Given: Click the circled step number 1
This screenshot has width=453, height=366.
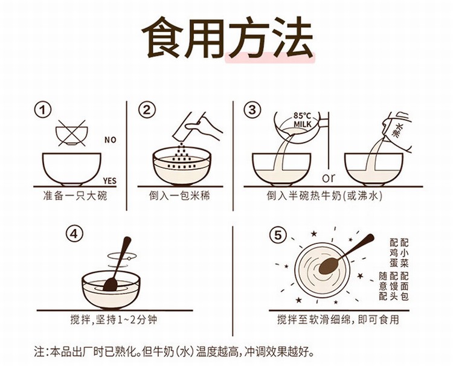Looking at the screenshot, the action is [42, 111].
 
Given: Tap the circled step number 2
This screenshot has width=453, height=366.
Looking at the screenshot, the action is [147, 111].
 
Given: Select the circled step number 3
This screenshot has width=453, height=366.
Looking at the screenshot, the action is [251, 111].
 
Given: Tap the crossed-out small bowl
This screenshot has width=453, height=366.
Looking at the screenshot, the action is [71, 132].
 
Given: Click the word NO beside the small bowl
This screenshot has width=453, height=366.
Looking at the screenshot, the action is [110, 140].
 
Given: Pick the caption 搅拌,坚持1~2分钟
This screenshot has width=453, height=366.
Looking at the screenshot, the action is [113, 320].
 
